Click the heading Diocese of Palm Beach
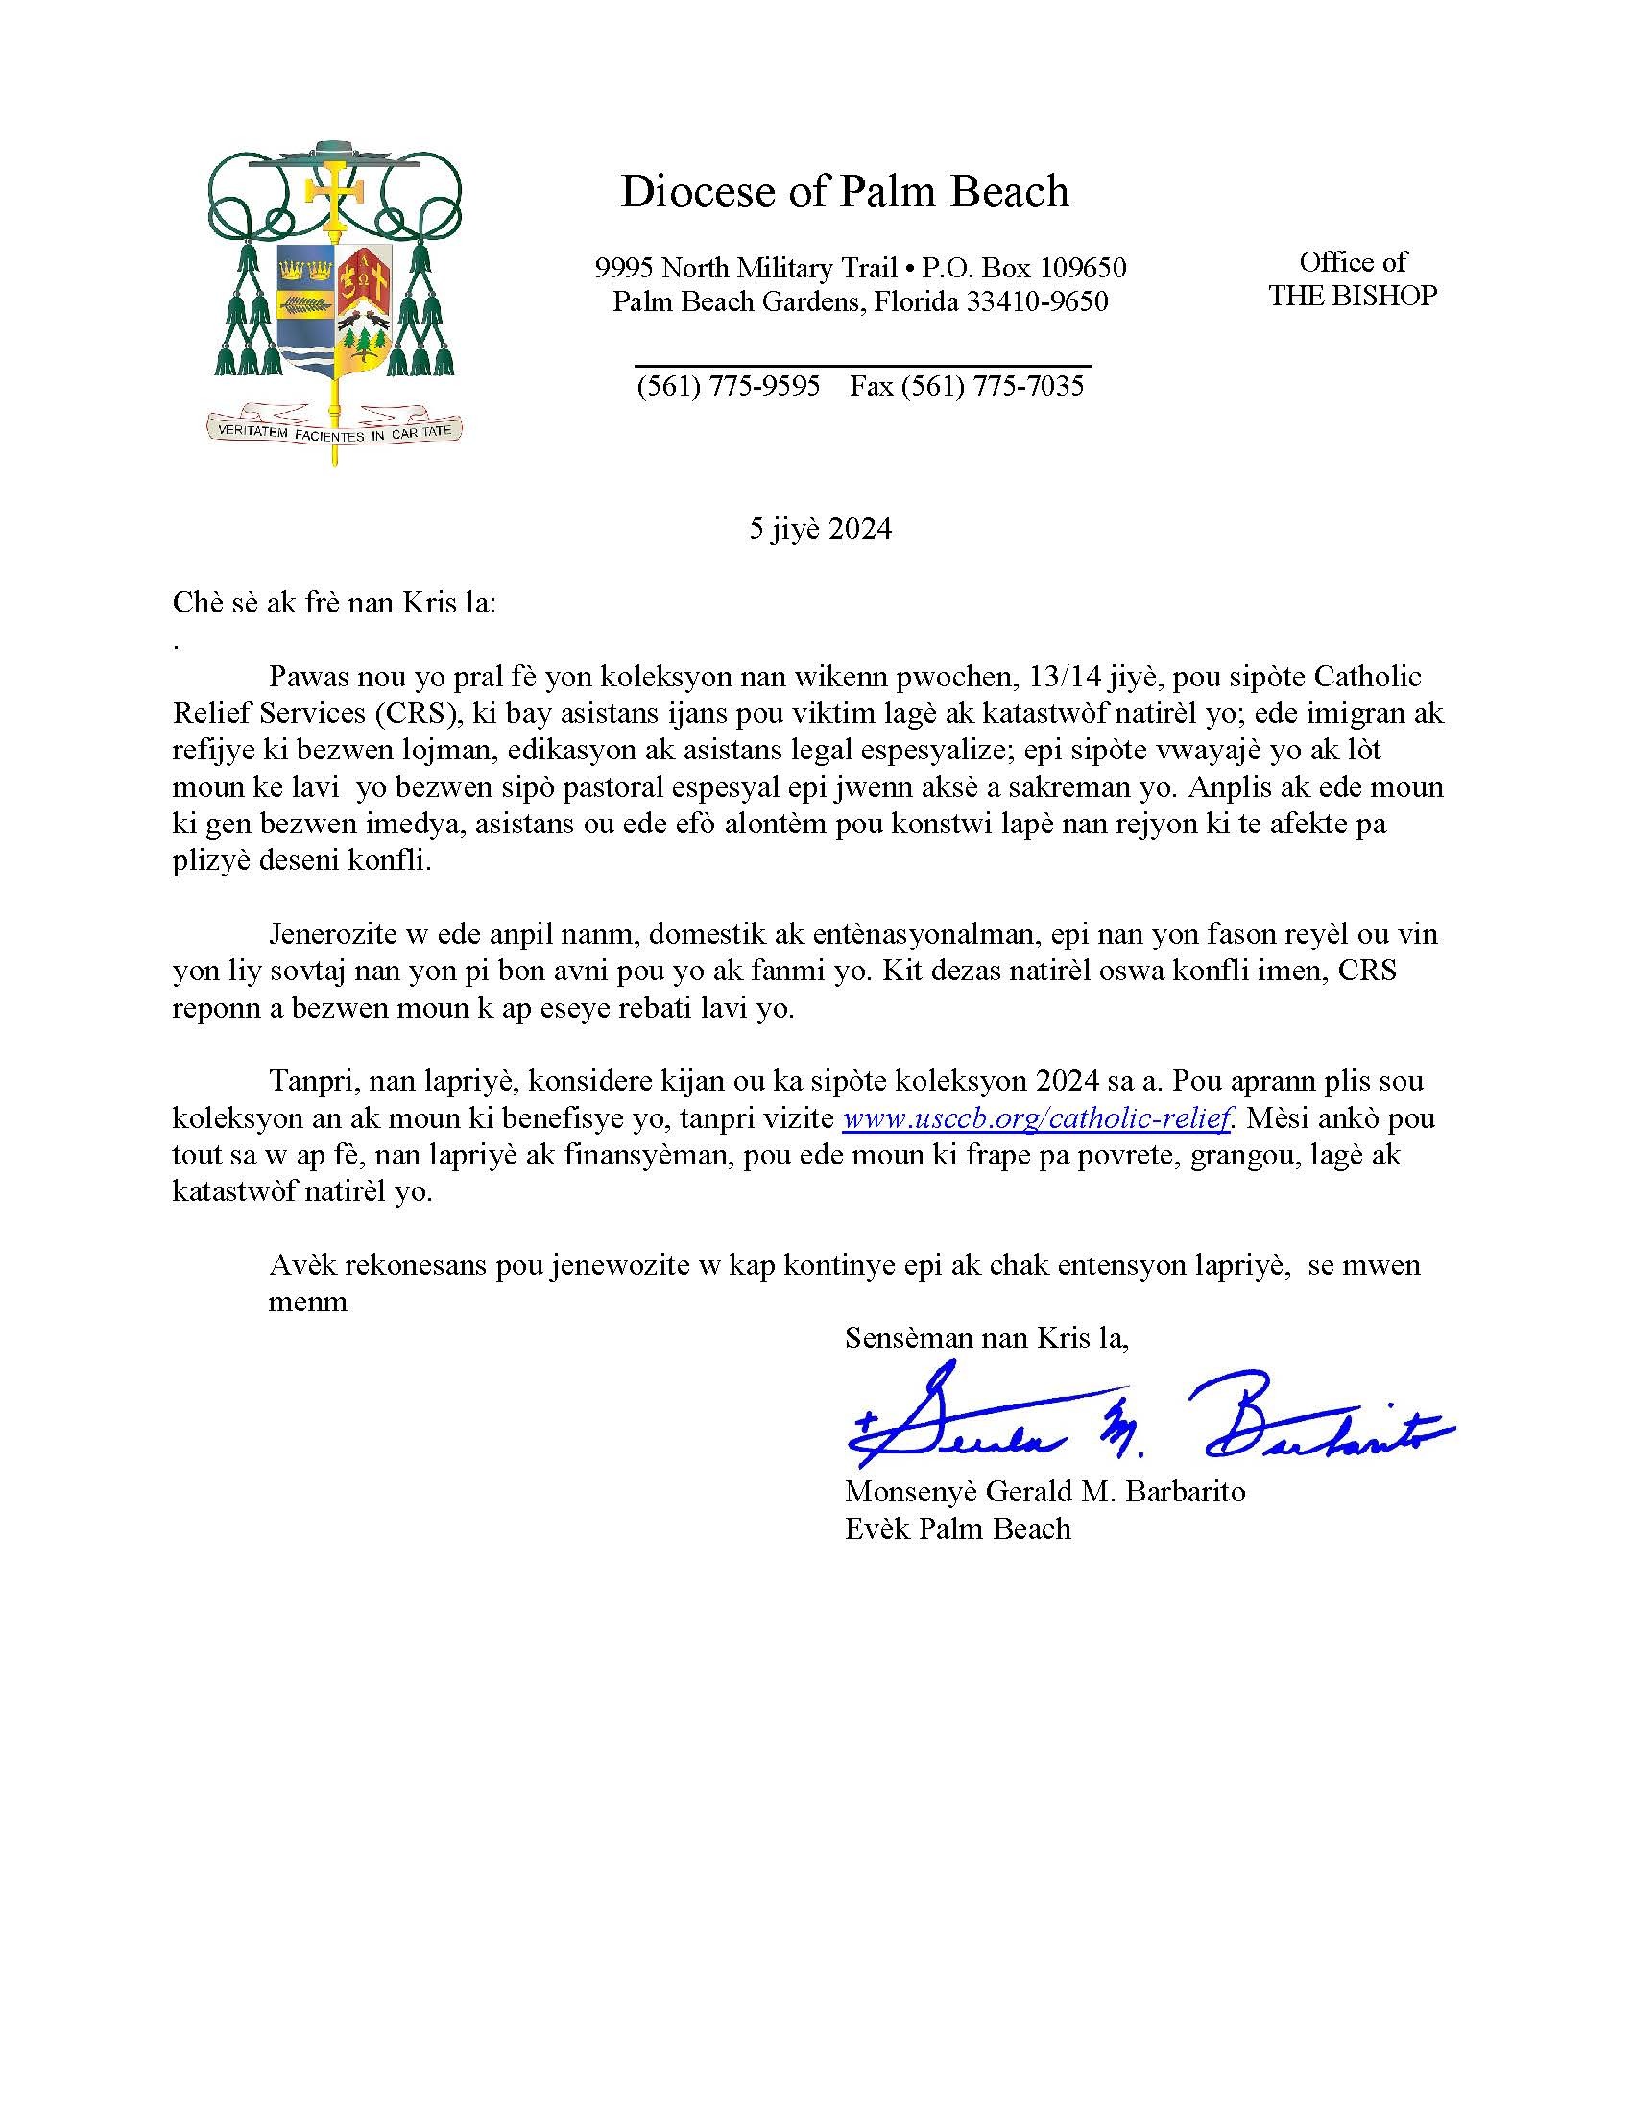(843, 191)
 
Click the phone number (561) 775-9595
(728, 386)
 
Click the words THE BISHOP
(1352, 296)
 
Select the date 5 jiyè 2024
(820, 529)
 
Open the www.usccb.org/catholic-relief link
(1038, 1117)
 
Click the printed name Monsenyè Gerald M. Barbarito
(1044, 1491)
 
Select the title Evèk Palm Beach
(957, 1529)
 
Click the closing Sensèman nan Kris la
(986, 1338)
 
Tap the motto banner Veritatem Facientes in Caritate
(334, 430)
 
